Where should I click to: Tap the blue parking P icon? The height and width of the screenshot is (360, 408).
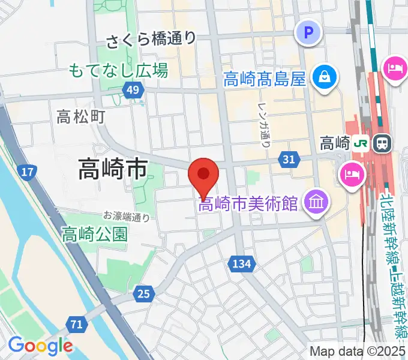coord(309,32)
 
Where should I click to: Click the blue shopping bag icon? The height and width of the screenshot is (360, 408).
coord(324,78)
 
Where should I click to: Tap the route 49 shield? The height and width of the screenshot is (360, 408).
coord(133,91)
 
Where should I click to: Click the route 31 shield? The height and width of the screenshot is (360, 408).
coord(289,159)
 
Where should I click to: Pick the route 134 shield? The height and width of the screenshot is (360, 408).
coord(242,263)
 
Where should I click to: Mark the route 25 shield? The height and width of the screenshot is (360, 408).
coord(143,293)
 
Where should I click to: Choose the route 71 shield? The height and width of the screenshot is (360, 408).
coord(76,325)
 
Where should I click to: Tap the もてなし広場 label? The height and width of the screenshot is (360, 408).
coord(118,71)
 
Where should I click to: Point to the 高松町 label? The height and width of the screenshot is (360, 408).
coord(81,116)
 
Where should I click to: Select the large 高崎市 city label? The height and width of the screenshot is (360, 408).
coord(113,170)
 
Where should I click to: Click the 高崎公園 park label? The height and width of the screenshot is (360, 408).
coord(95,234)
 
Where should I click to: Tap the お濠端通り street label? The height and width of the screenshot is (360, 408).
coord(126,217)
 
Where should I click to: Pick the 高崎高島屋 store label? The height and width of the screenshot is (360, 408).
coord(265,79)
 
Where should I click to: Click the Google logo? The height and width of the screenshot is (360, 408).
coord(40,346)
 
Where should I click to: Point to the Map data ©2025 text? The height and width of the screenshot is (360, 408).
coord(358,352)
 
